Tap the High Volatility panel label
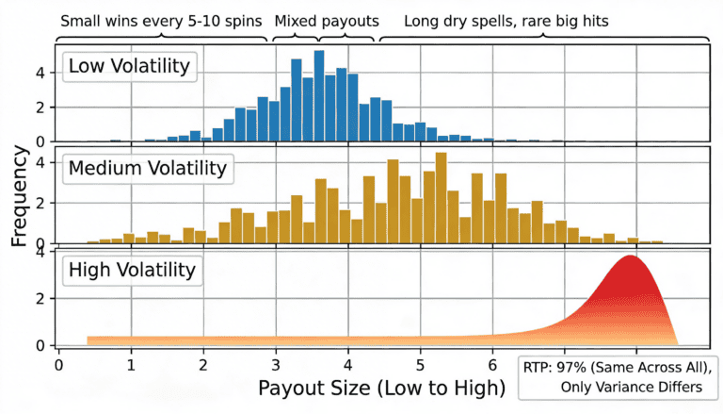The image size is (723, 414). (129, 271)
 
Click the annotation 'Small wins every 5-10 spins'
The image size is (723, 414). (161, 20)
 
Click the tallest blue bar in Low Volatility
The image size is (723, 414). (319, 94)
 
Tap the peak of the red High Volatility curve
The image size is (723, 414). (630, 257)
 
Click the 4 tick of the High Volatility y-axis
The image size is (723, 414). (40, 253)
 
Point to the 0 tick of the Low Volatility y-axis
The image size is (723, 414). (40, 142)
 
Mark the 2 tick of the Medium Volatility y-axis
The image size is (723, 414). (40, 202)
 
